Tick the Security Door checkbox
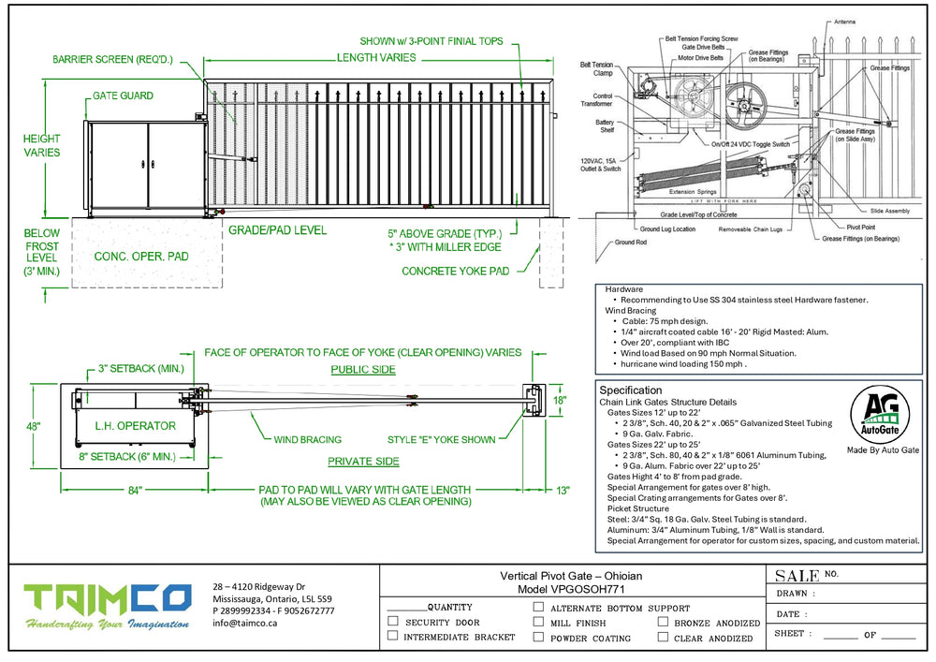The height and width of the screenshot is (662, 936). click(x=393, y=621)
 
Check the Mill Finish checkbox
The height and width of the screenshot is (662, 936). click(x=538, y=622)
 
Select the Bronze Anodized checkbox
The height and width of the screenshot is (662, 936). click(x=663, y=622)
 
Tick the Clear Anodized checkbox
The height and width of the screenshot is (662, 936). click(x=663, y=638)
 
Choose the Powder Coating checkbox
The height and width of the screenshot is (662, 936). click(x=538, y=637)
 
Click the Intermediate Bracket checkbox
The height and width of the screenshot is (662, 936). click(x=393, y=637)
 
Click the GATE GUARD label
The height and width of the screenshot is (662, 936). click(x=123, y=96)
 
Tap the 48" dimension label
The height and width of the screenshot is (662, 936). click(x=34, y=427)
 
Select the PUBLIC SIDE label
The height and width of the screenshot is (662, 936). click(x=364, y=370)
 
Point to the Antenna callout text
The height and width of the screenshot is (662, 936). click(x=870, y=22)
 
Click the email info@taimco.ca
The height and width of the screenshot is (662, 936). click(x=244, y=623)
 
